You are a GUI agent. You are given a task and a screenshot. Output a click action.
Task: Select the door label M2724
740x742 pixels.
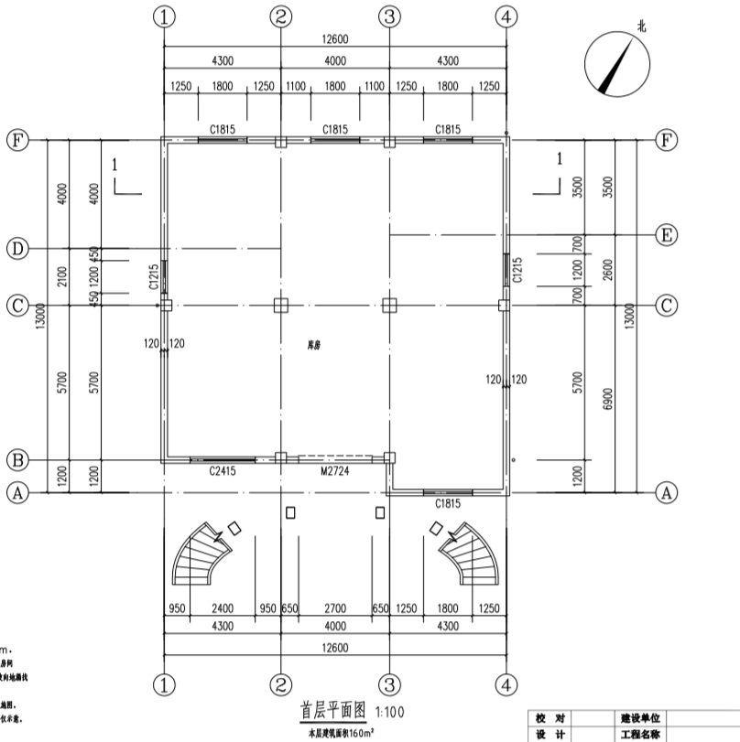pos(334,471)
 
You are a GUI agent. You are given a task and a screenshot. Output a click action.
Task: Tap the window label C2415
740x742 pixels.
pos(223,471)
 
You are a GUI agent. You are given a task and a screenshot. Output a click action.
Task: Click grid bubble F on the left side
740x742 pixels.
pos(16,140)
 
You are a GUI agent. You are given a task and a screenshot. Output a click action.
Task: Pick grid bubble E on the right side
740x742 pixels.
pos(668,235)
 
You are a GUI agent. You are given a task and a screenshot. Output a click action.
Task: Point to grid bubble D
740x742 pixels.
pos(16,248)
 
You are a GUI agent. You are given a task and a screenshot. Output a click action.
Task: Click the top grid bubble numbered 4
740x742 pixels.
pos(506,16)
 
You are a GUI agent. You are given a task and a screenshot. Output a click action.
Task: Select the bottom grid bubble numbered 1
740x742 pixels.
pos(164,683)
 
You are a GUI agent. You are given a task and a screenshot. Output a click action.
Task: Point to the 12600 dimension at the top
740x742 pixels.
pos(334,39)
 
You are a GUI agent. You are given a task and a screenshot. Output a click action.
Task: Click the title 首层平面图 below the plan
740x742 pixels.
pos(333,710)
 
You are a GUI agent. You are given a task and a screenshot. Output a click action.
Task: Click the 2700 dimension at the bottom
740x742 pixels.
pos(334,608)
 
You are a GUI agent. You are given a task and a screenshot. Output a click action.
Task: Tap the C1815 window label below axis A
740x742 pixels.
pos(447,503)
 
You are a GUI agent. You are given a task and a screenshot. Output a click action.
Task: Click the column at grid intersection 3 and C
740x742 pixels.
pos(389,305)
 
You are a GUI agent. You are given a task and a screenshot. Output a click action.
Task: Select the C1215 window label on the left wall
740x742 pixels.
pos(154,277)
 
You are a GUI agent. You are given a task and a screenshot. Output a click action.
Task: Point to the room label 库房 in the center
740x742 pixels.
pos(315,347)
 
